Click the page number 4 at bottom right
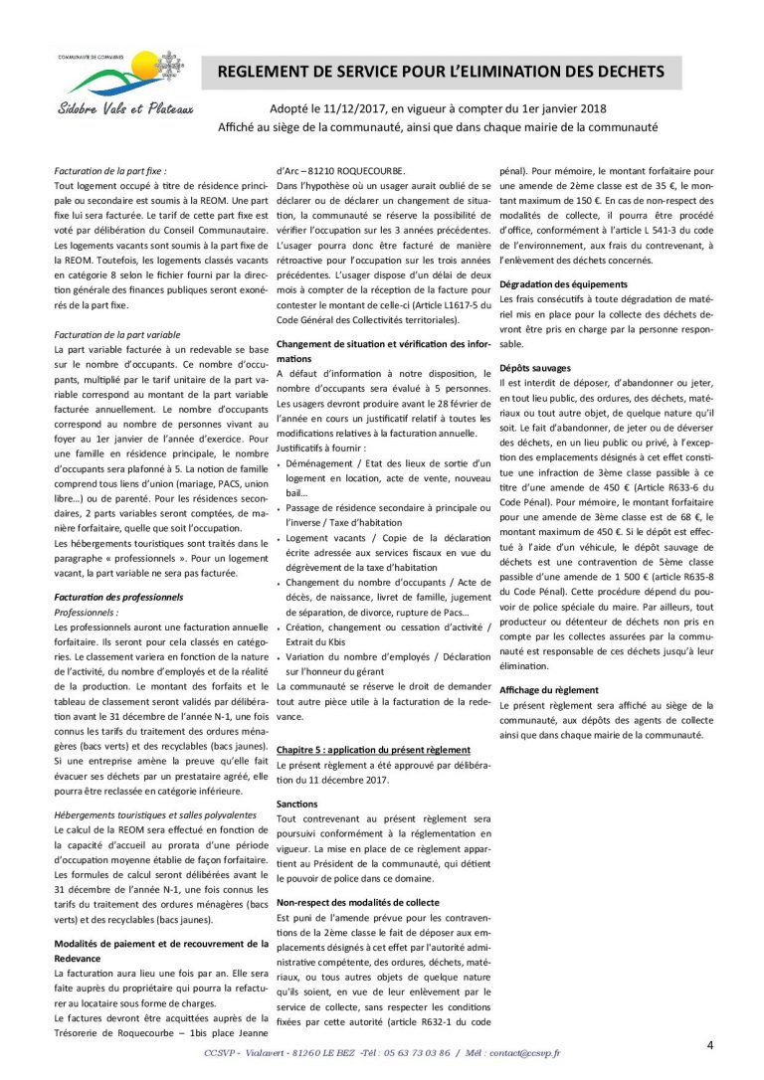tap(710, 1044)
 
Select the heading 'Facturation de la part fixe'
tap(110, 171)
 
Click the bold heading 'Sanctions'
tap(296, 803)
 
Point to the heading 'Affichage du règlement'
tap(549, 689)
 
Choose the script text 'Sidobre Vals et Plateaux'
tap(124, 108)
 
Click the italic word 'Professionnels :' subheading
tap(87, 613)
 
